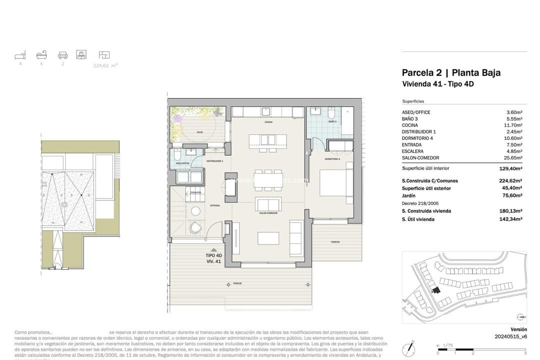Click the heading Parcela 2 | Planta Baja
[451, 72]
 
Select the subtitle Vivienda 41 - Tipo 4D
[437, 84]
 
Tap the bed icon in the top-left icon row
[20, 55]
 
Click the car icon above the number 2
[62, 55]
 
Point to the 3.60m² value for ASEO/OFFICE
[514, 112]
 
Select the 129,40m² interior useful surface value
[510, 169]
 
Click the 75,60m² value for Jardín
[512, 195]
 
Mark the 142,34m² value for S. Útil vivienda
[510, 219]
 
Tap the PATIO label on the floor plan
[199, 132]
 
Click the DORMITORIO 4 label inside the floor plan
[332, 159]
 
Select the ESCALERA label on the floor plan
[195, 192]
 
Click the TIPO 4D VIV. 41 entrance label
[214, 258]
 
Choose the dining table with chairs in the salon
[268, 179]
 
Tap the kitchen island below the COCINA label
[268, 139]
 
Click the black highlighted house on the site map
[436, 290]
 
